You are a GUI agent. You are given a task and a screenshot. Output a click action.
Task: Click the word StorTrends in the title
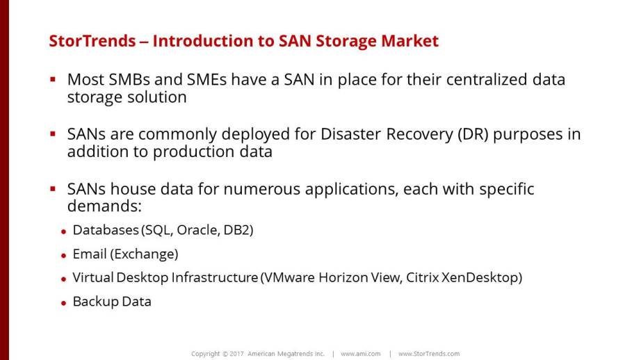point(92,41)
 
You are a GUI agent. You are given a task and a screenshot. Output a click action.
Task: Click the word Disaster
point(351,134)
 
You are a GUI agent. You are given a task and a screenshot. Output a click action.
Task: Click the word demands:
point(104,206)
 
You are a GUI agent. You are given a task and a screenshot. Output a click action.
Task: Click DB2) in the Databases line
point(238,230)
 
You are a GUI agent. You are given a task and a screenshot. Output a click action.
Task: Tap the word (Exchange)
point(144,254)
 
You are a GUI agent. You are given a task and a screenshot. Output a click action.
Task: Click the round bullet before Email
point(63,256)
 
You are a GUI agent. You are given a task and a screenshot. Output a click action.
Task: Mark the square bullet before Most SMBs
point(53,79)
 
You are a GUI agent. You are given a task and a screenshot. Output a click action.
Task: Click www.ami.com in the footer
point(361,354)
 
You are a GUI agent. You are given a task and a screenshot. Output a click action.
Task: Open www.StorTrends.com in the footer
point(429,354)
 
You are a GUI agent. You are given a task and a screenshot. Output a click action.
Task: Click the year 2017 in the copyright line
point(236,354)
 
